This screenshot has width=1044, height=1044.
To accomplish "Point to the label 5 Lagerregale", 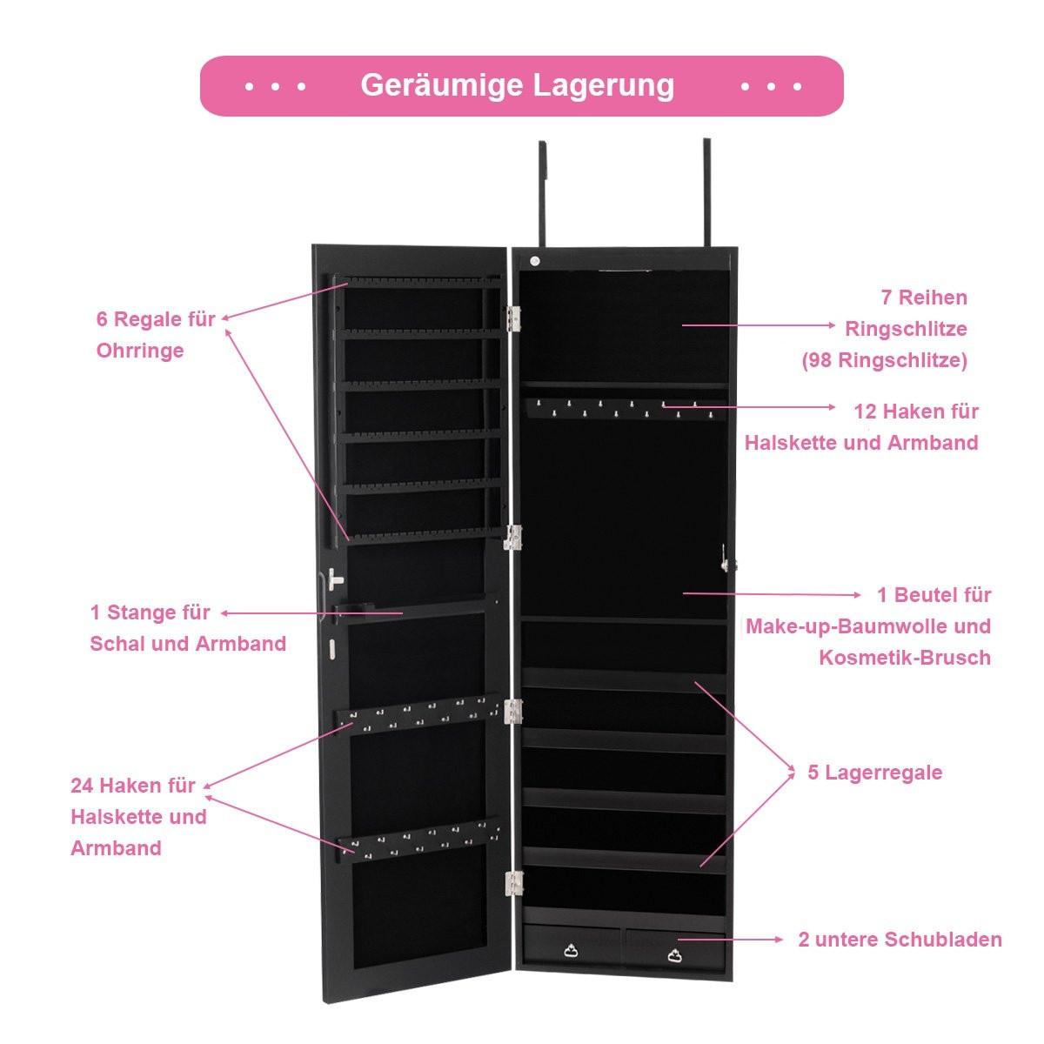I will (x=874, y=773).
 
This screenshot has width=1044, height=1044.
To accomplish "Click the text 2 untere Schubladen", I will (x=900, y=940).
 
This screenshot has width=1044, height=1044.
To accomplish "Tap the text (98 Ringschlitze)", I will (x=884, y=360).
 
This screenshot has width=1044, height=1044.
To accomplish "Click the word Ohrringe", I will (x=140, y=351).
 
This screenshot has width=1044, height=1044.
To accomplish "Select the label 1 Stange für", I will (x=150, y=612).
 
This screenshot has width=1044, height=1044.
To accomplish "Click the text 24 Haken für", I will (x=133, y=786).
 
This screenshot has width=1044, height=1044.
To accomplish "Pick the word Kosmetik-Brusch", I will (x=904, y=657).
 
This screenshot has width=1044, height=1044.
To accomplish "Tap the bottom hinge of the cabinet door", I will (x=513, y=883).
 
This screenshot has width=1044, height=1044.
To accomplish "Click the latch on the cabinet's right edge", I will (x=726, y=558).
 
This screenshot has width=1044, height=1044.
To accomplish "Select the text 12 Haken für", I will (x=916, y=411).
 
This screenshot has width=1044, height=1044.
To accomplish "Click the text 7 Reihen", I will (x=923, y=298).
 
